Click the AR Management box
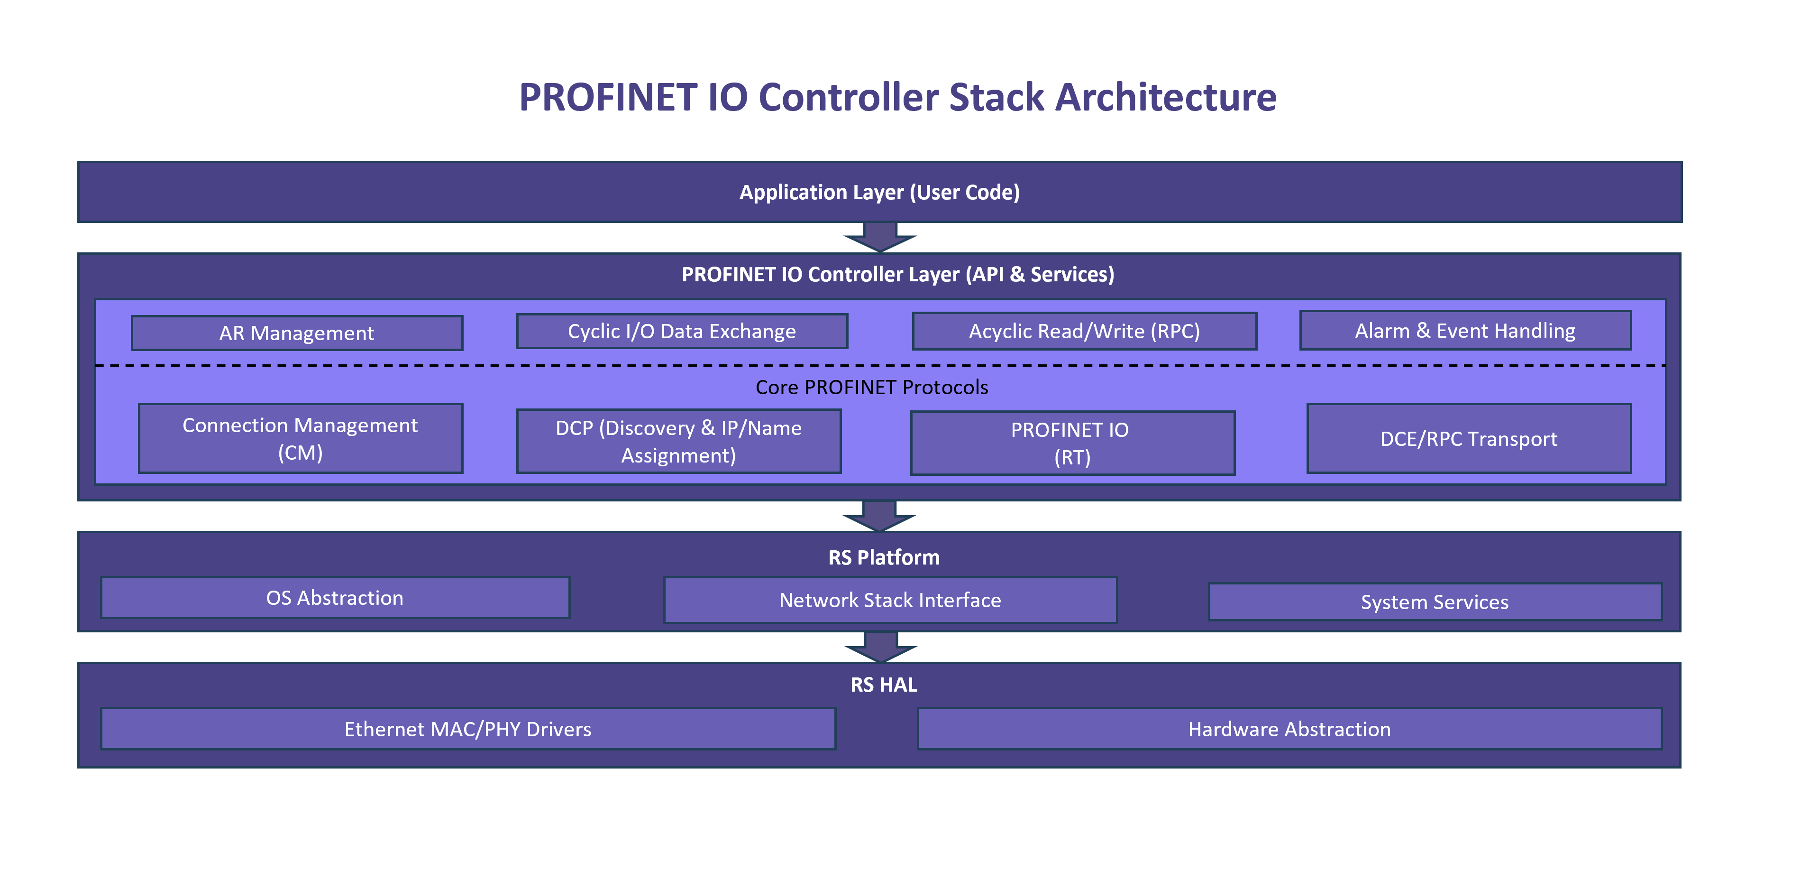tap(296, 333)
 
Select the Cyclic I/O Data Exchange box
tap(682, 331)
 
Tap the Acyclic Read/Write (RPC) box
tap(1084, 331)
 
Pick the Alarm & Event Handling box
tap(1465, 330)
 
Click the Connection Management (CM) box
tap(300, 439)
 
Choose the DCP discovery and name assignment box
tap(678, 441)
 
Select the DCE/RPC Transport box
tap(1469, 439)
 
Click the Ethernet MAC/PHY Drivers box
tap(467, 729)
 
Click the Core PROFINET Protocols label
tap(871, 387)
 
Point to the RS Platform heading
tap(883, 557)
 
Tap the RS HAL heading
tap(883, 685)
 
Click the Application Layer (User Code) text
tap(879, 192)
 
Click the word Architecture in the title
tap(1165, 97)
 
